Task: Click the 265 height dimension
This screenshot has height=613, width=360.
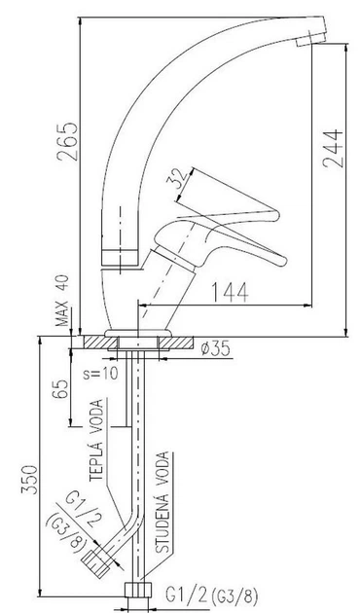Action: tap(67, 142)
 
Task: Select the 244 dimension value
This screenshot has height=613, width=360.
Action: tap(333, 149)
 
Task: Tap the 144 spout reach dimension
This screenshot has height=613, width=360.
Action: tap(230, 292)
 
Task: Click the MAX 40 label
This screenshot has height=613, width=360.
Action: tap(61, 301)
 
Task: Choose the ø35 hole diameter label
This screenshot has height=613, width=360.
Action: tap(215, 348)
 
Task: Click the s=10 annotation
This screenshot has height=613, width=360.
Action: tap(100, 374)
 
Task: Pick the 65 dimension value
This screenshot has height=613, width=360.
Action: tap(60, 388)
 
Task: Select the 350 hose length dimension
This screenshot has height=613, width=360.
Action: tap(30, 480)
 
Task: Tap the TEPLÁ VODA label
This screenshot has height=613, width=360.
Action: tap(97, 440)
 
